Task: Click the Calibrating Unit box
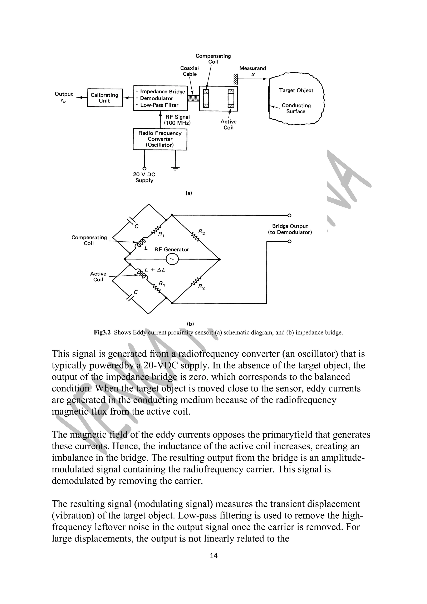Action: click(x=105, y=98)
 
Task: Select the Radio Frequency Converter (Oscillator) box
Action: click(x=160, y=139)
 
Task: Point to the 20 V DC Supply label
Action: click(x=144, y=177)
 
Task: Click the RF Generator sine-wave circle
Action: click(x=172, y=260)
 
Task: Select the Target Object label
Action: click(x=296, y=90)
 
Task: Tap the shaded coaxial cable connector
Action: click(x=193, y=98)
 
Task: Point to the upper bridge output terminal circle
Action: click(x=289, y=216)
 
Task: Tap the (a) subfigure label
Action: click(x=189, y=193)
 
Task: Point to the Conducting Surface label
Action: click(x=296, y=108)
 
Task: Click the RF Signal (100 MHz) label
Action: click(x=177, y=120)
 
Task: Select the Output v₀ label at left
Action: click(x=63, y=97)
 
